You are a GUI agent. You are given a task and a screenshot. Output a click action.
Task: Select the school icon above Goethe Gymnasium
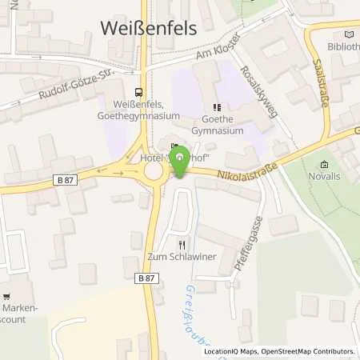[216, 106]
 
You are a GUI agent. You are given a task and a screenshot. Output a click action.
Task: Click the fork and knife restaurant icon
[182, 245]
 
